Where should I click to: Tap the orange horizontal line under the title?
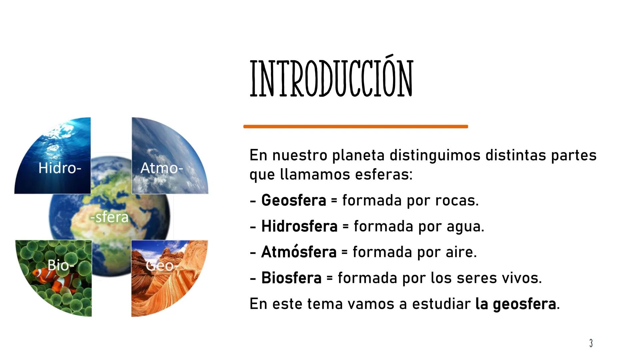356,127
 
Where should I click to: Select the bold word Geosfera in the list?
293,200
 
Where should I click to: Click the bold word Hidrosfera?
299,226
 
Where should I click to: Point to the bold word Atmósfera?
299,252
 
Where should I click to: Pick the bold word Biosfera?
291,278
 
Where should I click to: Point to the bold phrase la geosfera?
516,304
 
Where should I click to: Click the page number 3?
591,343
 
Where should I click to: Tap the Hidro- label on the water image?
60,168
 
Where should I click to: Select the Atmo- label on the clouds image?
162,168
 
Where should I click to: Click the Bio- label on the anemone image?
60,265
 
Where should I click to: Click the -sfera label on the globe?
109,217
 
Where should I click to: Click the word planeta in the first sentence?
358,156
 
